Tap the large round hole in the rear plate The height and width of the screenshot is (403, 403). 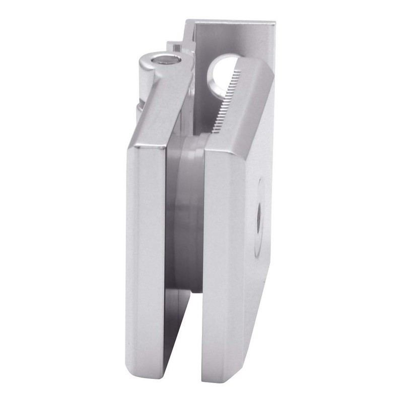pos(221,76)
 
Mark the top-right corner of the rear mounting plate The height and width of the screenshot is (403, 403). pos(275,22)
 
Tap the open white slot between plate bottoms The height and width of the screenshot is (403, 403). pos(185,348)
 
